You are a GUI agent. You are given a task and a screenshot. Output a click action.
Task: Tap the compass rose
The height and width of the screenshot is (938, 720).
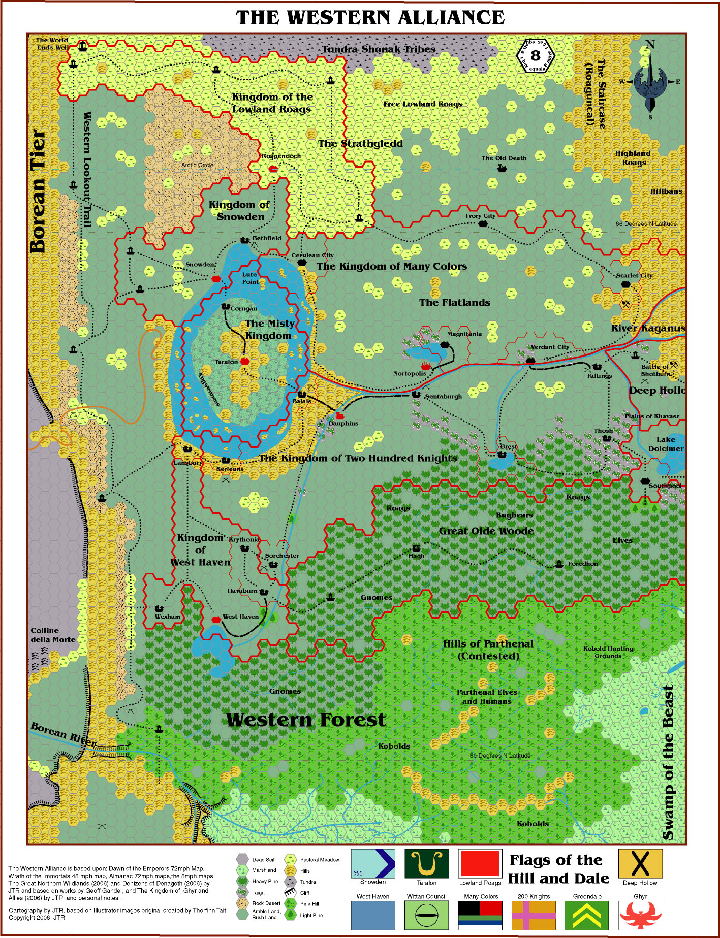[x=650, y=81]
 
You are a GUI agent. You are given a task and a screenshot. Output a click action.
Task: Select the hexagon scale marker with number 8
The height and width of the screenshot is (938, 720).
[x=536, y=55]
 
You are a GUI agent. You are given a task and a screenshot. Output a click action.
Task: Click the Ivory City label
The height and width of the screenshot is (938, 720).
[x=480, y=216]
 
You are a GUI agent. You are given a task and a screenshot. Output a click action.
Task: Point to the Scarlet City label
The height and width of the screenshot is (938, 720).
[x=634, y=275]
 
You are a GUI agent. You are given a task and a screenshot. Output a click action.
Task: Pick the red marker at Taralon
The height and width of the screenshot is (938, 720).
[x=245, y=361]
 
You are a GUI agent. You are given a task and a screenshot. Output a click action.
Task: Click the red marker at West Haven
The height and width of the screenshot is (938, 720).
[x=216, y=620]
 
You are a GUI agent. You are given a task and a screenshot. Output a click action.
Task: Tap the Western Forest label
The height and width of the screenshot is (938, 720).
[x=305, y=720]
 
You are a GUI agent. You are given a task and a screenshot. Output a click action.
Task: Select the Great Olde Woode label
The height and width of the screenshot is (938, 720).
[x=486, y=531]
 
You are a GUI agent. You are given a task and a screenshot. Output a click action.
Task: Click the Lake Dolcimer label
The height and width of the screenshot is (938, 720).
[x=665, y=444]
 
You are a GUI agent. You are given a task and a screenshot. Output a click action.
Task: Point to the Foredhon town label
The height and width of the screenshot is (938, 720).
[x=582, y=564]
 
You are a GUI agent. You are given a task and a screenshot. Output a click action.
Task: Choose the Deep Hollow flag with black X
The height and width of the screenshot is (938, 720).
[x=640, y=863]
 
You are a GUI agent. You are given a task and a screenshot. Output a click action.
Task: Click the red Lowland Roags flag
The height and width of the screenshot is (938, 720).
[x=480, y=863]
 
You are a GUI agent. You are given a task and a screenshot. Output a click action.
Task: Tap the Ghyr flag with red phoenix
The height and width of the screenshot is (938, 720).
[x=640, y=915]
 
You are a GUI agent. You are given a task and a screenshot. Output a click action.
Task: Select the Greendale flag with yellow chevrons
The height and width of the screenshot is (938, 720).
[x=587, y=915]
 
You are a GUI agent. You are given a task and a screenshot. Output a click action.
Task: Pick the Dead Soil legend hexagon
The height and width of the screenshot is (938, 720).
[x=243, y=859]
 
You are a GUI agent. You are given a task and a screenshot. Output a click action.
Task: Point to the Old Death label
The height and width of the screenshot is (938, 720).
[x=504, y=158]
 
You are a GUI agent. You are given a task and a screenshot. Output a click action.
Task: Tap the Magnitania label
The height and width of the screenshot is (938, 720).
[x=464, y=334]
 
